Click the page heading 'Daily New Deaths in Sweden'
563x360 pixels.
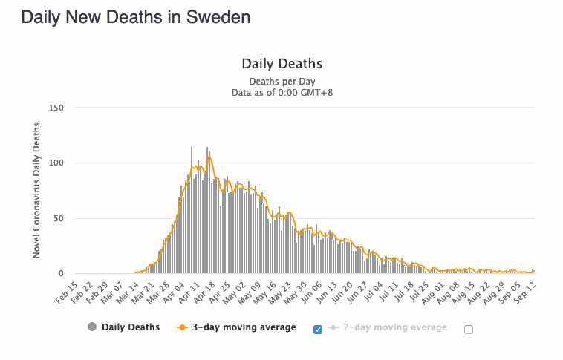click(x=135, y=17)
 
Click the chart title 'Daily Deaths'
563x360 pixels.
click(x=281, y=64)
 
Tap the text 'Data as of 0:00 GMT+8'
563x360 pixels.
click(x=281, y=92)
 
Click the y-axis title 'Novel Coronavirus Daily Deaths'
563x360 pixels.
click(x=36, y=192)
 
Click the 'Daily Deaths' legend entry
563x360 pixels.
click(x=123, y=327)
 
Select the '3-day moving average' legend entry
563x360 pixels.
click(x=238, y=327)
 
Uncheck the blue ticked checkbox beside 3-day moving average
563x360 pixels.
click(x=319, y=329)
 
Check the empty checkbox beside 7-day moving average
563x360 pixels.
click(x=469, y=330)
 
